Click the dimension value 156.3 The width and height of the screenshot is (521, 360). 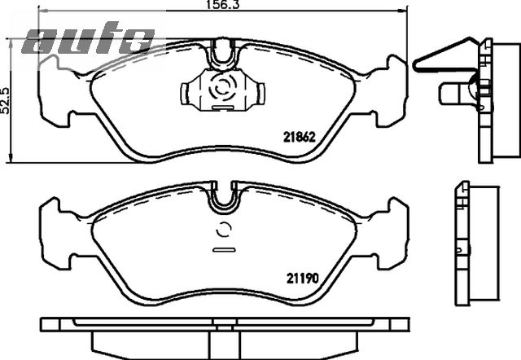pos(222,5)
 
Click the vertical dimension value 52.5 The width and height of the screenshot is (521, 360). pos(5,101)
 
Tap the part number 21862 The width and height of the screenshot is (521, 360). pos(299,137)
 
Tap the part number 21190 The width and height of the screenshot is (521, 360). pos(302,279)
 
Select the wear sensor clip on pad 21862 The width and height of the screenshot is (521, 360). pos(223,90)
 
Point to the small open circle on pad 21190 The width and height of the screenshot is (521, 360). pos(224,230)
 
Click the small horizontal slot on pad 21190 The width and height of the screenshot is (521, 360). pos(224,250)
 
